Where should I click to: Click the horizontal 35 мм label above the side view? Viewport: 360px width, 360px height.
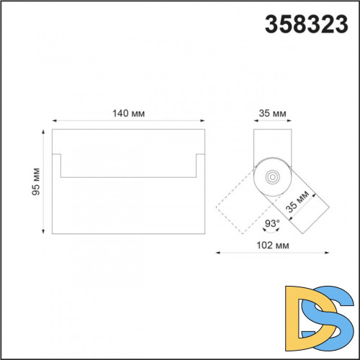[x=272, y=113]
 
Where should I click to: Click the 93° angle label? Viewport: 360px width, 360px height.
[x=271, y=224]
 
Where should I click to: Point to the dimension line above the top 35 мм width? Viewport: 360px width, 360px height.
[x=272, y=122]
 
